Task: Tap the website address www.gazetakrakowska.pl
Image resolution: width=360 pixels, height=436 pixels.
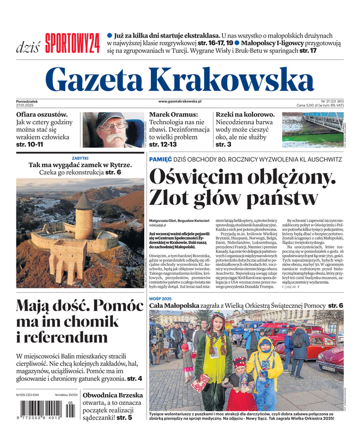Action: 180,101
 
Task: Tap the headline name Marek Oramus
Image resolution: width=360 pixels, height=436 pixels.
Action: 173,115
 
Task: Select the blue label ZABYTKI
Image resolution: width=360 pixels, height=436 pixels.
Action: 80,158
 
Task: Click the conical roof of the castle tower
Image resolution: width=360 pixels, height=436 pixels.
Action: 84,202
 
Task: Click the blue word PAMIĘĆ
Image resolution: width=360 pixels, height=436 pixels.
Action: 160,159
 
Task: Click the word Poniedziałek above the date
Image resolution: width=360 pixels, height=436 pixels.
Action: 30,101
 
